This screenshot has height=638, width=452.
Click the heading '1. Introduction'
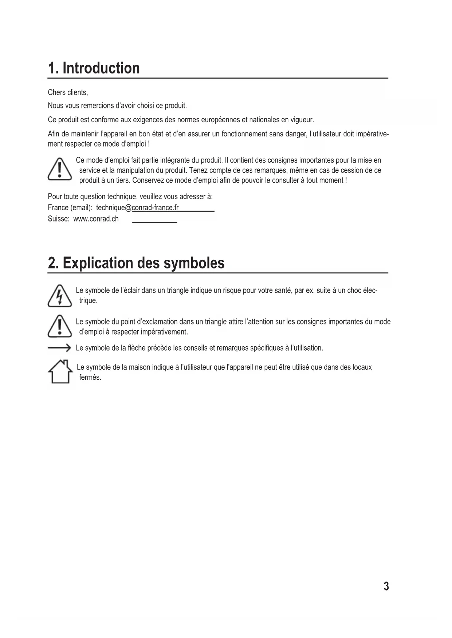pyautogui.click(x=94, y=68)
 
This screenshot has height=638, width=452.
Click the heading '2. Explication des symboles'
pyautogui.click(x=136, y=263)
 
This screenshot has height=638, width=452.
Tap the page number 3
pyautogui.click(x=386, y=586)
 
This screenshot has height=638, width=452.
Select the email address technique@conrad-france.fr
pyautogui.click(x=137, y=208)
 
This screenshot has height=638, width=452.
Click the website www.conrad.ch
pyautogui.click(x=96, y=219)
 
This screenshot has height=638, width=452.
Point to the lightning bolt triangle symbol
pyautogui.click(x=59, y=296)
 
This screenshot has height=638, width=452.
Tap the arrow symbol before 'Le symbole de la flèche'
pyautogui.click(x=59, y=348)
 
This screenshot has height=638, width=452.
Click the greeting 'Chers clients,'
pyautogui.click(x=68, y=92)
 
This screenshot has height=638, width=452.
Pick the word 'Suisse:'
pyautogui.click(x=58, y=219)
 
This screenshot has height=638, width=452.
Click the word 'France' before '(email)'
pyautogui.click(x=58, y=208)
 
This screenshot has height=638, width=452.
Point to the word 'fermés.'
pyautogui.click(x=90, y=378)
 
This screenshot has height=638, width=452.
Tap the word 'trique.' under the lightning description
pyautogui.click(x=88, y=301)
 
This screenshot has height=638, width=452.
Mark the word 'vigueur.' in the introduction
pyautogui.click(x=302, y=120)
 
